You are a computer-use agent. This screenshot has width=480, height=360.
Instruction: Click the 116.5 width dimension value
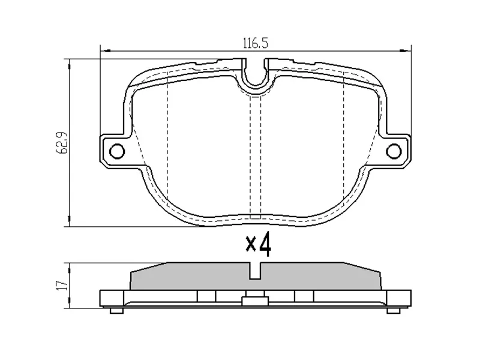pyautogui.click(x=254, y=43)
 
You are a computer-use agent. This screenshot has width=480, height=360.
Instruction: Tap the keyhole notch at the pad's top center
pyautogui.click(x=256, y=75)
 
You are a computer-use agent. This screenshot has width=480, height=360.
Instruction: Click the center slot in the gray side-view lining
pyautogui.click(x=256, y=271)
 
